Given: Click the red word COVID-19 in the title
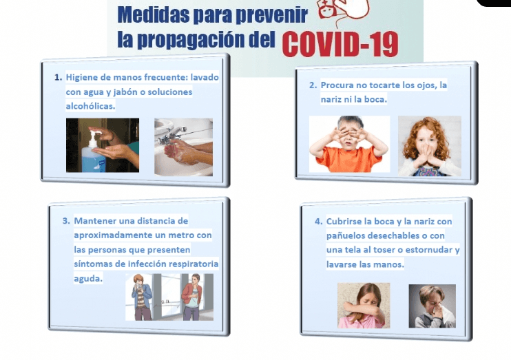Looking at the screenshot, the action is click(x=340, y=44).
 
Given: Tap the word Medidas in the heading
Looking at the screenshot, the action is click(x=153, y=14).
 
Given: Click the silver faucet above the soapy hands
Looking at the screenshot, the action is click(x=171, y=135).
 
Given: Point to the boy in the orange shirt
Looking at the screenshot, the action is click(x=348, y=144).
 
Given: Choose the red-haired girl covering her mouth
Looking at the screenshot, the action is click(x=429, y=147).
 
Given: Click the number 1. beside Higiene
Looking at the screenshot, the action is click(x=58, y=78).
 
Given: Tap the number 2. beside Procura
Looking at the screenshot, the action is click(x=313, y=85).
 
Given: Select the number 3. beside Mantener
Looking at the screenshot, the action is click(x=66, y=221).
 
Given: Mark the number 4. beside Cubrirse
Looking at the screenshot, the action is click(x=318, y=222).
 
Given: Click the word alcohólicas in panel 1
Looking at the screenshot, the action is click(x=90, y=106).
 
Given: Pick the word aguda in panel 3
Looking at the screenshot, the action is click(x=88, y=279).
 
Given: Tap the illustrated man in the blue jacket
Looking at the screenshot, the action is click(x=142, y=297).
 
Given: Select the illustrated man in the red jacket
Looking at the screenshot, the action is click(x=192, y=297).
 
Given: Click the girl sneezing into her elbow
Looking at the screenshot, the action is click(x=364, y=305).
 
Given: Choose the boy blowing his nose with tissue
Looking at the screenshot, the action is click(x=432, y=306).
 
